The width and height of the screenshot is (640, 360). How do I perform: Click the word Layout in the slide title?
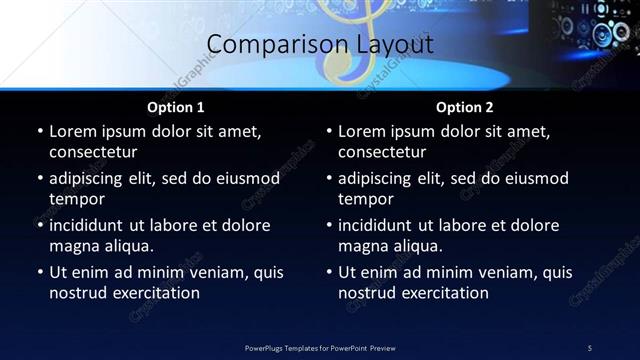pyautogui.click(x=395, y=45)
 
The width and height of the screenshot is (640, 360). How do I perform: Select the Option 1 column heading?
pyautogui.click(x=175, y=107)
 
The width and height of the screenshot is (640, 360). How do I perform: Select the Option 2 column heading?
pyautogui.click(x=464, y=107)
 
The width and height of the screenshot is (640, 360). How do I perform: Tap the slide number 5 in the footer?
pyautogui.click(x=589, y=347)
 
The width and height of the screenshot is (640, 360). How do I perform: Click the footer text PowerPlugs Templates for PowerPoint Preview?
pyautogui.click(x=320, y=347)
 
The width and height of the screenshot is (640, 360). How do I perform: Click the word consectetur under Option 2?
pyautogui.click(x=381, y=152)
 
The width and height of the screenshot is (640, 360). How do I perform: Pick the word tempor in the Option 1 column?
pyautogui.click(x=75, y=199)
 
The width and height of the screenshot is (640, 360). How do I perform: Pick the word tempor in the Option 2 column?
pyautogui.click(x=364, y=199)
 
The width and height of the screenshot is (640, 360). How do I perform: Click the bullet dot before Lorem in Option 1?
pyautogui.click(x=40, y=132)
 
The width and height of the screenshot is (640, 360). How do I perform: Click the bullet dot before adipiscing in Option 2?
pyautogui.click(x=329, y=179)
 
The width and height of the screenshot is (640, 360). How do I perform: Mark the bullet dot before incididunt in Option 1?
pyautogui.click(x=40, y=226)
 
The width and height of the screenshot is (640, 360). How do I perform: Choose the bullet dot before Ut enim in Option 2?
pyautogui.click(x=329, y=273)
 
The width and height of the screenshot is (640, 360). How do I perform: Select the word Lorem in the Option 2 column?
pyautogui.click(x=361, y=131)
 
